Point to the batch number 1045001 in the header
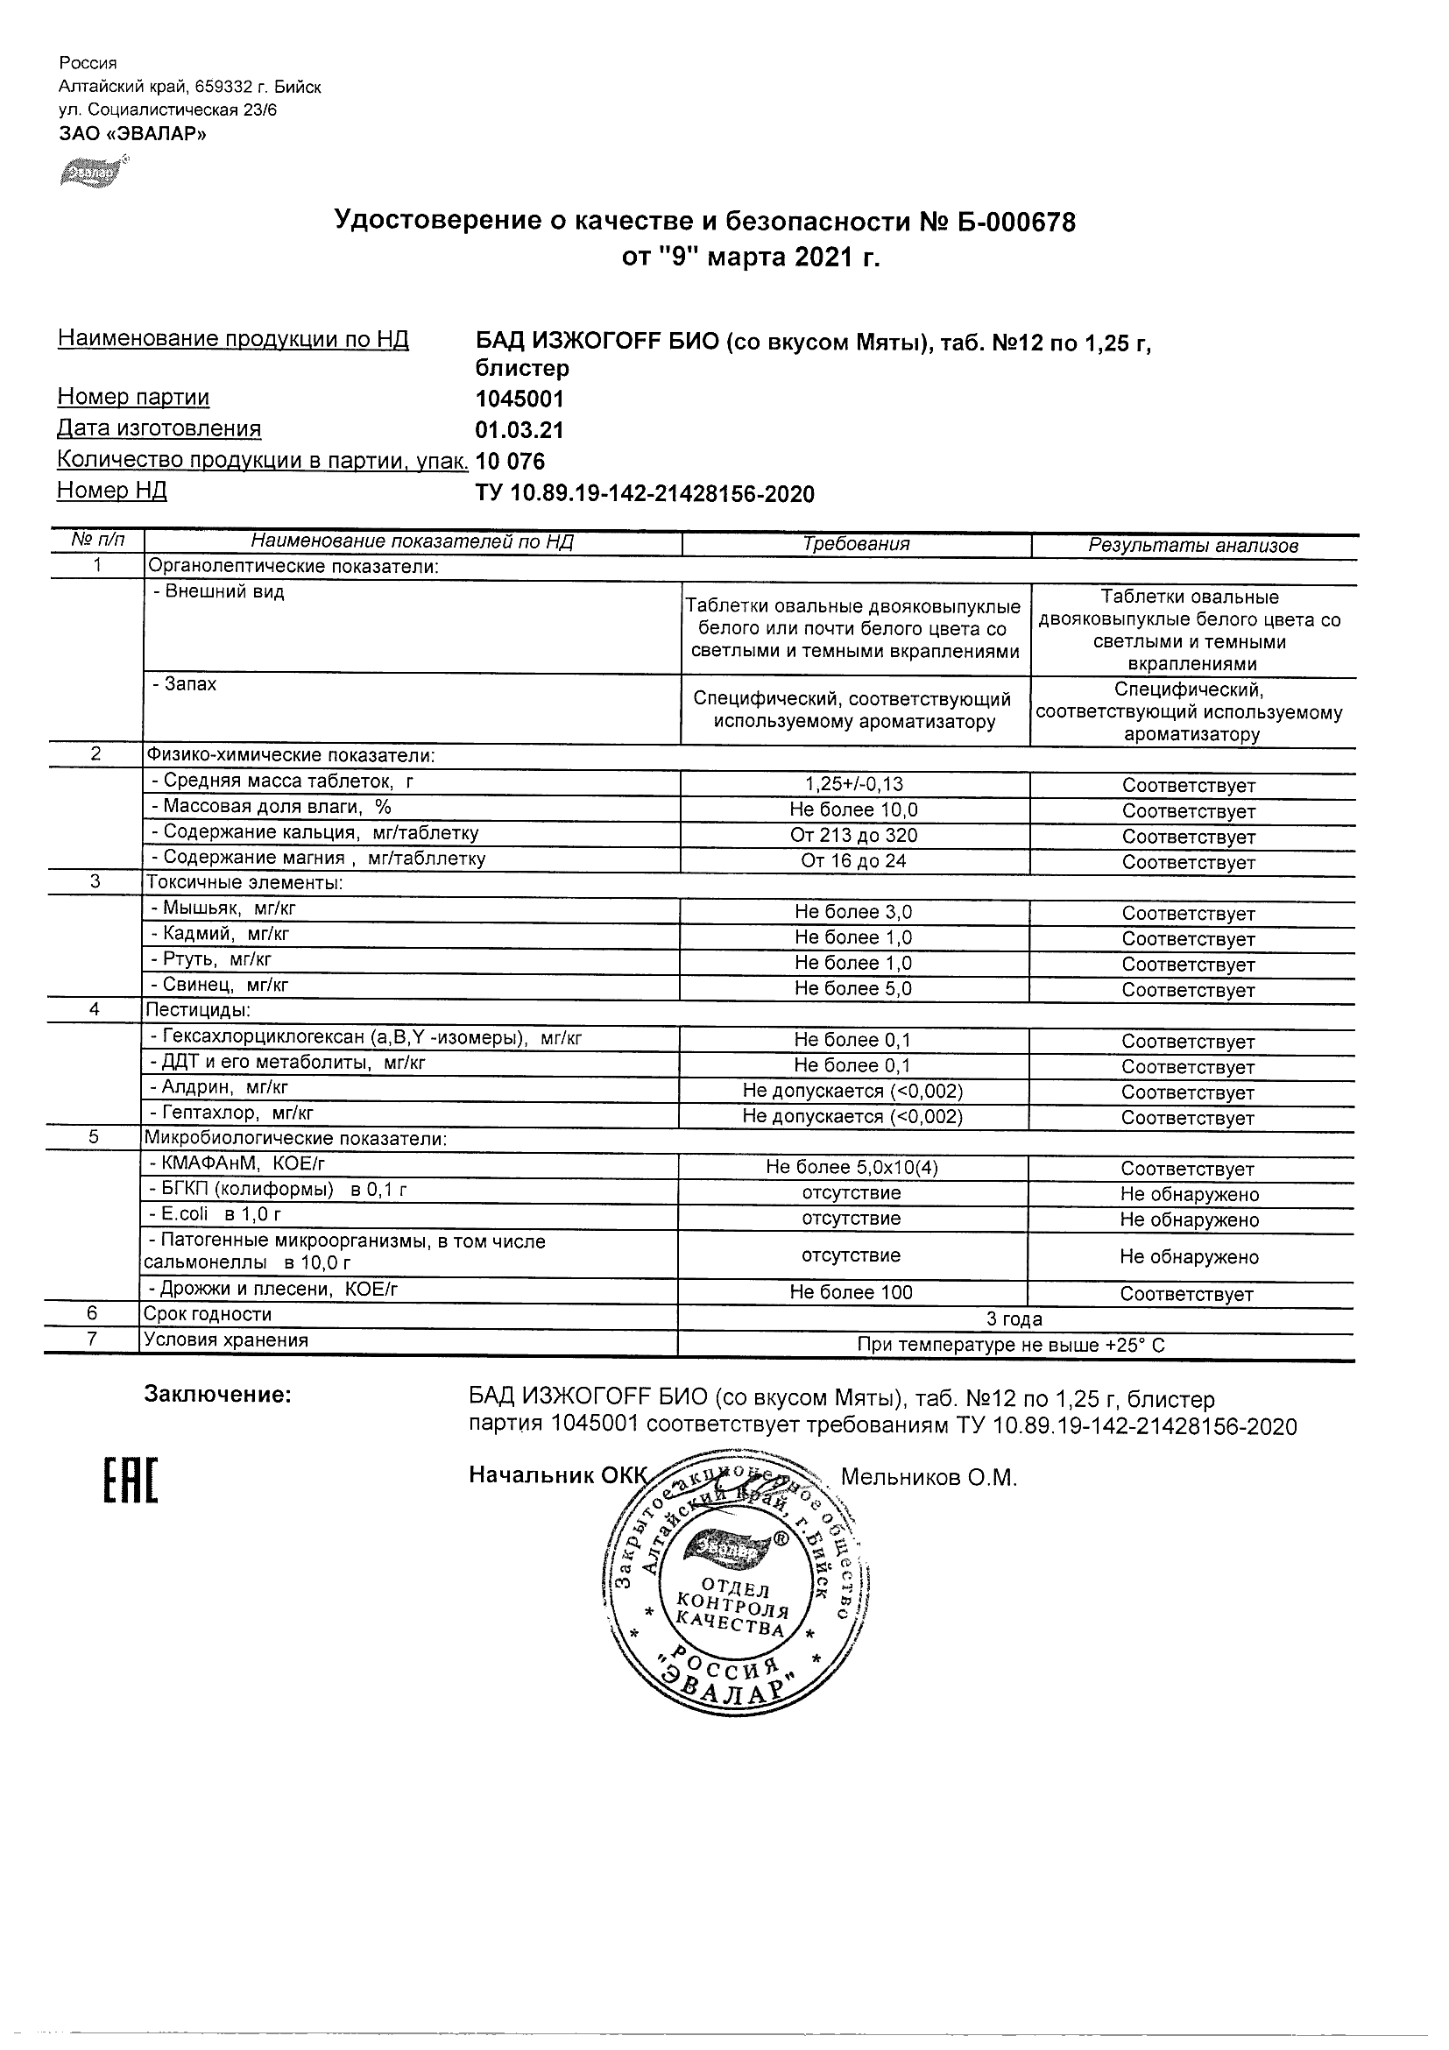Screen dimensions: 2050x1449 coord(519,399)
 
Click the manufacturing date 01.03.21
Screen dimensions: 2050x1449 coord(519,430)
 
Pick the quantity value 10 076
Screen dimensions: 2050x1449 coord(510,462)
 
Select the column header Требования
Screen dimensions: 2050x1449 coord(855,544)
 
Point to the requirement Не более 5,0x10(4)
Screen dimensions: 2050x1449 coord(852,1168)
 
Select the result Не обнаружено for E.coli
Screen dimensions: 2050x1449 coord(1189,1219)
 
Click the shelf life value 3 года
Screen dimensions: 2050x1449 coord(1014,1318)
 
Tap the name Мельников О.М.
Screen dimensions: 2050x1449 coord(929,1478)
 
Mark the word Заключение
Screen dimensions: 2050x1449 coord(218,1395)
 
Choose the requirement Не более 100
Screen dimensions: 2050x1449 coord(851,1292)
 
